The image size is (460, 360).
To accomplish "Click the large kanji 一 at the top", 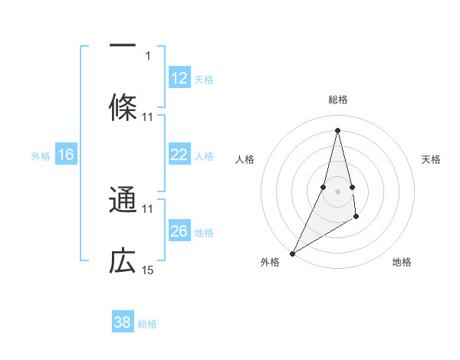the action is click(123, 45).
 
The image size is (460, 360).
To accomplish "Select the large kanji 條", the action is click(123, 107).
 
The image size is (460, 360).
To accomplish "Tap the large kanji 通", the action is click(123, 199).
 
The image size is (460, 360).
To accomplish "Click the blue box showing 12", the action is click(180, 77).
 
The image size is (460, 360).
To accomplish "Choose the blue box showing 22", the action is click(180, 154).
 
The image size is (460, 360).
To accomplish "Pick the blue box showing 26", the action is click(180, 230).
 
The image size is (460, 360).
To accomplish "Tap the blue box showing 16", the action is click(66, 154).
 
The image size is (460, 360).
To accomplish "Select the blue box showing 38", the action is click(123, 321).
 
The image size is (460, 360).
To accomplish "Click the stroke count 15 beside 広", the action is click(147, 270).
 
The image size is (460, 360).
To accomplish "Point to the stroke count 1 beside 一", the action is click(148, 56).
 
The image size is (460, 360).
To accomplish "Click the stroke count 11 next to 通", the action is click(147, 209).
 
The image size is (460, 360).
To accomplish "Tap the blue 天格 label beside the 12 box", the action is click(204, 80).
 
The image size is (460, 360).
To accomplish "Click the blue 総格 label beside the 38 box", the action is click(147, 324).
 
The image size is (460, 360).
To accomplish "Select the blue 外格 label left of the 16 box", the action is click(41, 156).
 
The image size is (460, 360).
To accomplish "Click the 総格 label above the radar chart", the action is click(338, 100).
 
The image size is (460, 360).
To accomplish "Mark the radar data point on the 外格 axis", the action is click(293, 254).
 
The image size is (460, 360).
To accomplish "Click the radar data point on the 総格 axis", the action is click(337, 130).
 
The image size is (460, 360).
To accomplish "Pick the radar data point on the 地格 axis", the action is click(356, 216).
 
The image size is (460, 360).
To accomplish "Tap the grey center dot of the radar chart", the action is click(337, 191).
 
